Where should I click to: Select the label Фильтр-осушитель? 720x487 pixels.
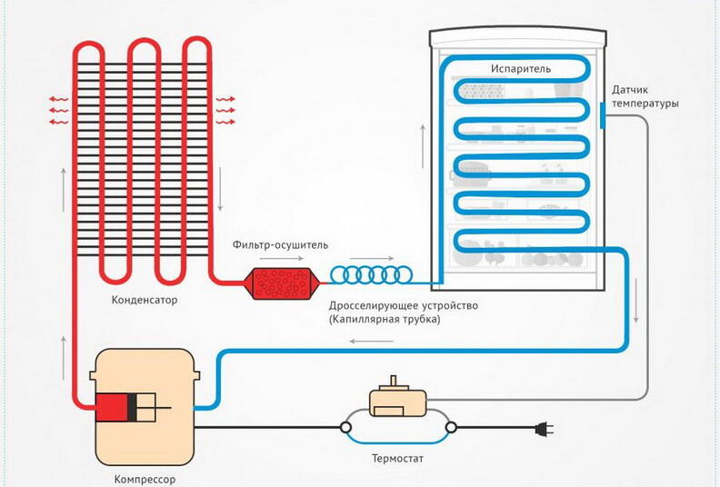(x=280, y=244)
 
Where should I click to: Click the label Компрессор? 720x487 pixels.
(x=145, y=478)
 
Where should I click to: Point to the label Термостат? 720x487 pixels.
(x=397, y=459)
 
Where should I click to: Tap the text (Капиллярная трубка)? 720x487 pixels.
(x=386, y=319)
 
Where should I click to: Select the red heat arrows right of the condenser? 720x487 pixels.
(x=225, y=110)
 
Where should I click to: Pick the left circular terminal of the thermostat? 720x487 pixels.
(x=346, y=426)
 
